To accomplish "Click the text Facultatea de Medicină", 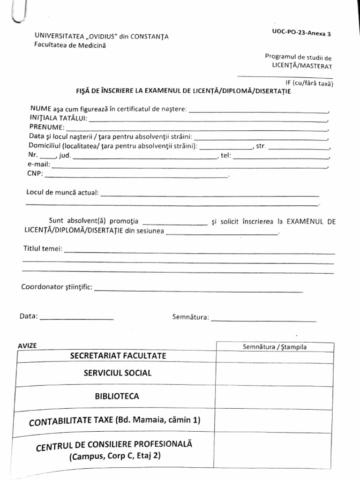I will (70, 45).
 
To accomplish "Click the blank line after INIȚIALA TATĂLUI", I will (209, 120).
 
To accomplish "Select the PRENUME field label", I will (46, 127).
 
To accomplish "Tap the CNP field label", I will (36, 173).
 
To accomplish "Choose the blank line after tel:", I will (280, 157).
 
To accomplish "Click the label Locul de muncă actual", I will (61, 193).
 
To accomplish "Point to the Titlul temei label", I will (42, 249).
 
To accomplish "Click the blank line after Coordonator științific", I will (199, 290).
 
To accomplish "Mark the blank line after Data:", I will (77, 318).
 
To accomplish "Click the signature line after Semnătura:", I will (264, 320).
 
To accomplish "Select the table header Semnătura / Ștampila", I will (275, 347).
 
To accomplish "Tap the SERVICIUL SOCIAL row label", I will (117, 373).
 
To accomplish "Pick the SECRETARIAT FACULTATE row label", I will (118, 356).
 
